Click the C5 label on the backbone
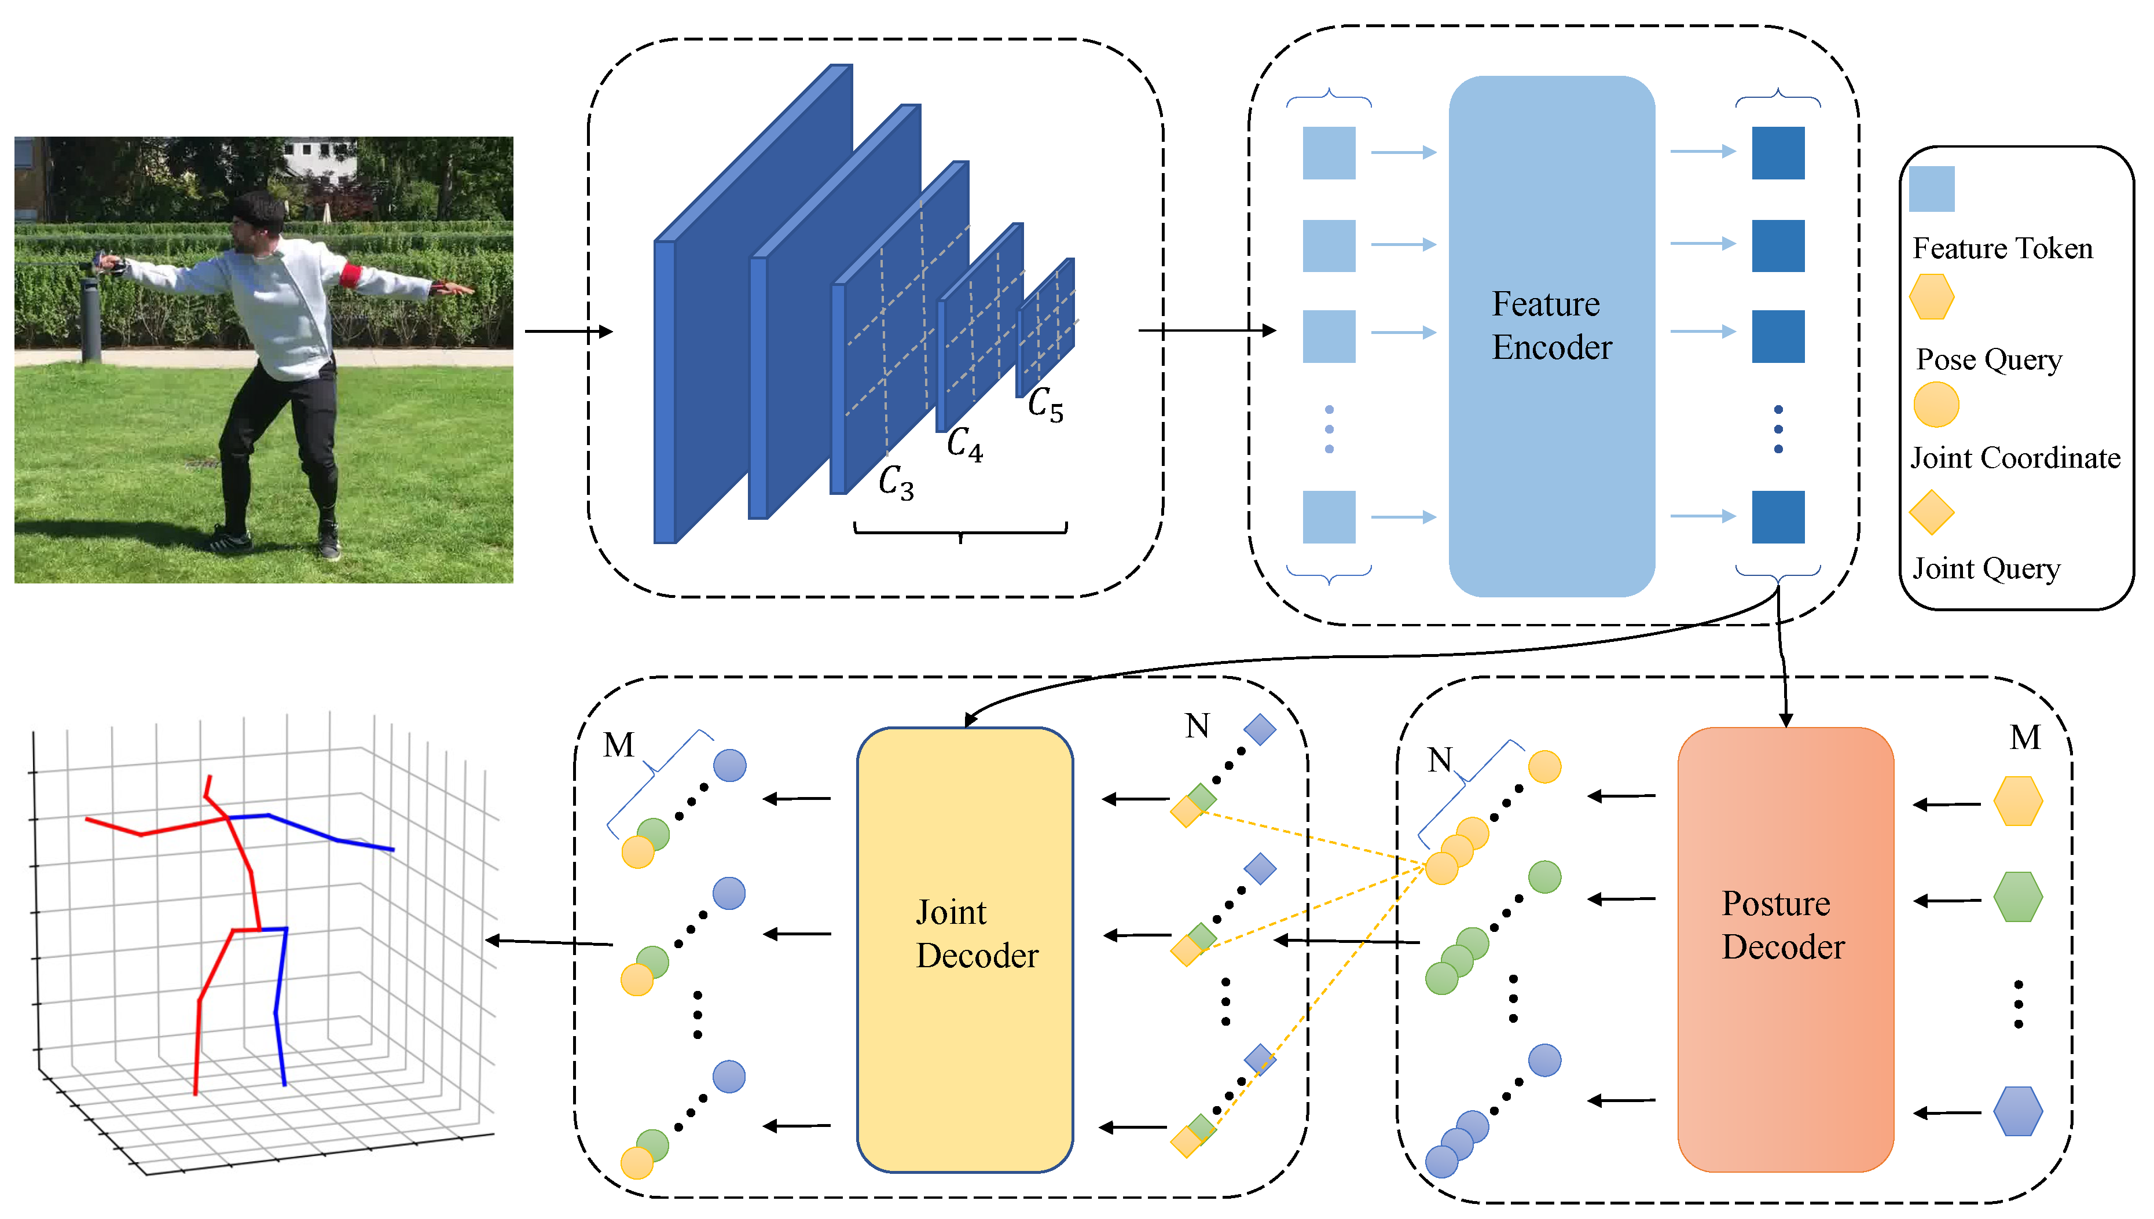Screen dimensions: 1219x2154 [1045, 405]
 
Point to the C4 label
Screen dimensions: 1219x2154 [964, 444]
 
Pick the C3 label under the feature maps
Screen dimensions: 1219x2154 [896, 483]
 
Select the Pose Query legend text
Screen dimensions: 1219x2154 [1988, 359]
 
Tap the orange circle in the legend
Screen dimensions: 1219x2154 [1936, 405]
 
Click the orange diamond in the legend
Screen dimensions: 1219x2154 [1931, 512]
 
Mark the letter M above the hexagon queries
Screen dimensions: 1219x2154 [2024, 737]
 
